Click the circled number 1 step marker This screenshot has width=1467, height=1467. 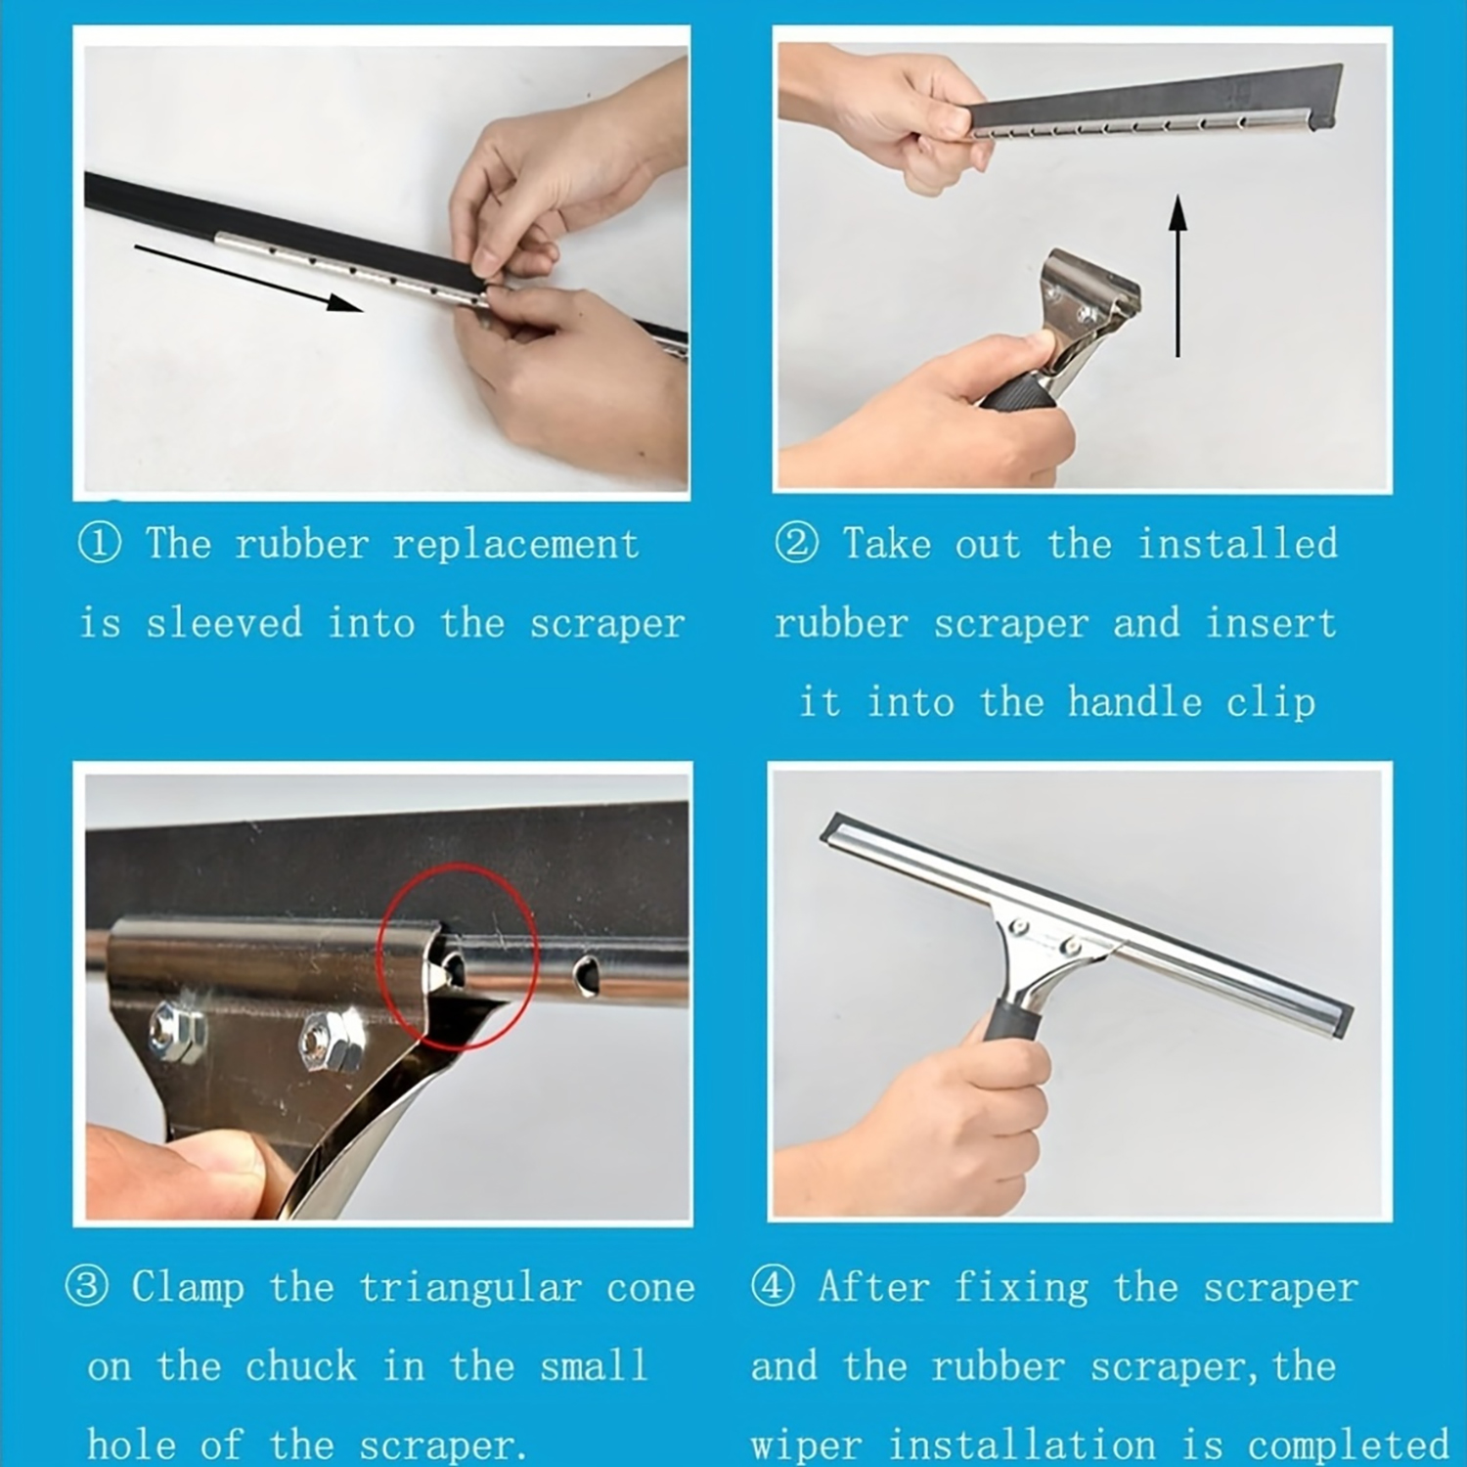[100, 544]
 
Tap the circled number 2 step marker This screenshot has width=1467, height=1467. [796, 544]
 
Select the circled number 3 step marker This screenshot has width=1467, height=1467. [86, 1287]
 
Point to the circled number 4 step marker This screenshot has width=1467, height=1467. [773, 1287]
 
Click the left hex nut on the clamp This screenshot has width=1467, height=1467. [178, 1032]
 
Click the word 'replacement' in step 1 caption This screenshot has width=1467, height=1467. [515, 545]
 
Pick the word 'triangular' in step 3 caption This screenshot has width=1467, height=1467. [470, 1288]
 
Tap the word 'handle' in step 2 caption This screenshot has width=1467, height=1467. [1134, 702]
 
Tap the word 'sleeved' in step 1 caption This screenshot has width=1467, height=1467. [224, 624]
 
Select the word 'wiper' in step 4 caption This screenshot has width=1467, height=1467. [806, 1445]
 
